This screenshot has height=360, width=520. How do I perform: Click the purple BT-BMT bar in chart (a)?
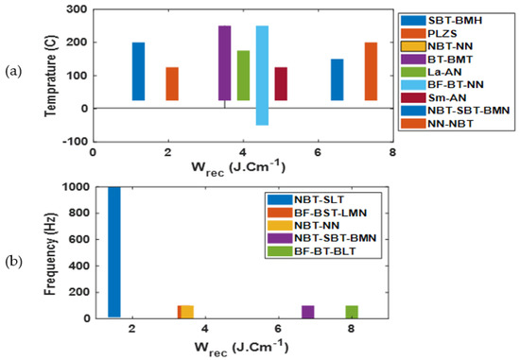pos(224,62)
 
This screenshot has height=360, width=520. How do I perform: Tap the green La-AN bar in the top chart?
pos(243,76)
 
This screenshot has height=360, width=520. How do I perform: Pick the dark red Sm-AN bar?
pos(281,83)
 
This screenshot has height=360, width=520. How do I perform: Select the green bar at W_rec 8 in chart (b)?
pos(352,311)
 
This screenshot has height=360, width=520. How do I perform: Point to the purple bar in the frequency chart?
pos(307,311)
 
